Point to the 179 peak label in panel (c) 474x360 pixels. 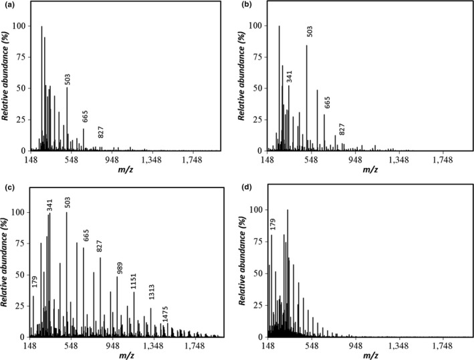(x=35, y=282)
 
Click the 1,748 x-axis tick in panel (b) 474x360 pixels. (x=442, y=161)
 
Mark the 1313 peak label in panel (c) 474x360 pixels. (x=151, y=295)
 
